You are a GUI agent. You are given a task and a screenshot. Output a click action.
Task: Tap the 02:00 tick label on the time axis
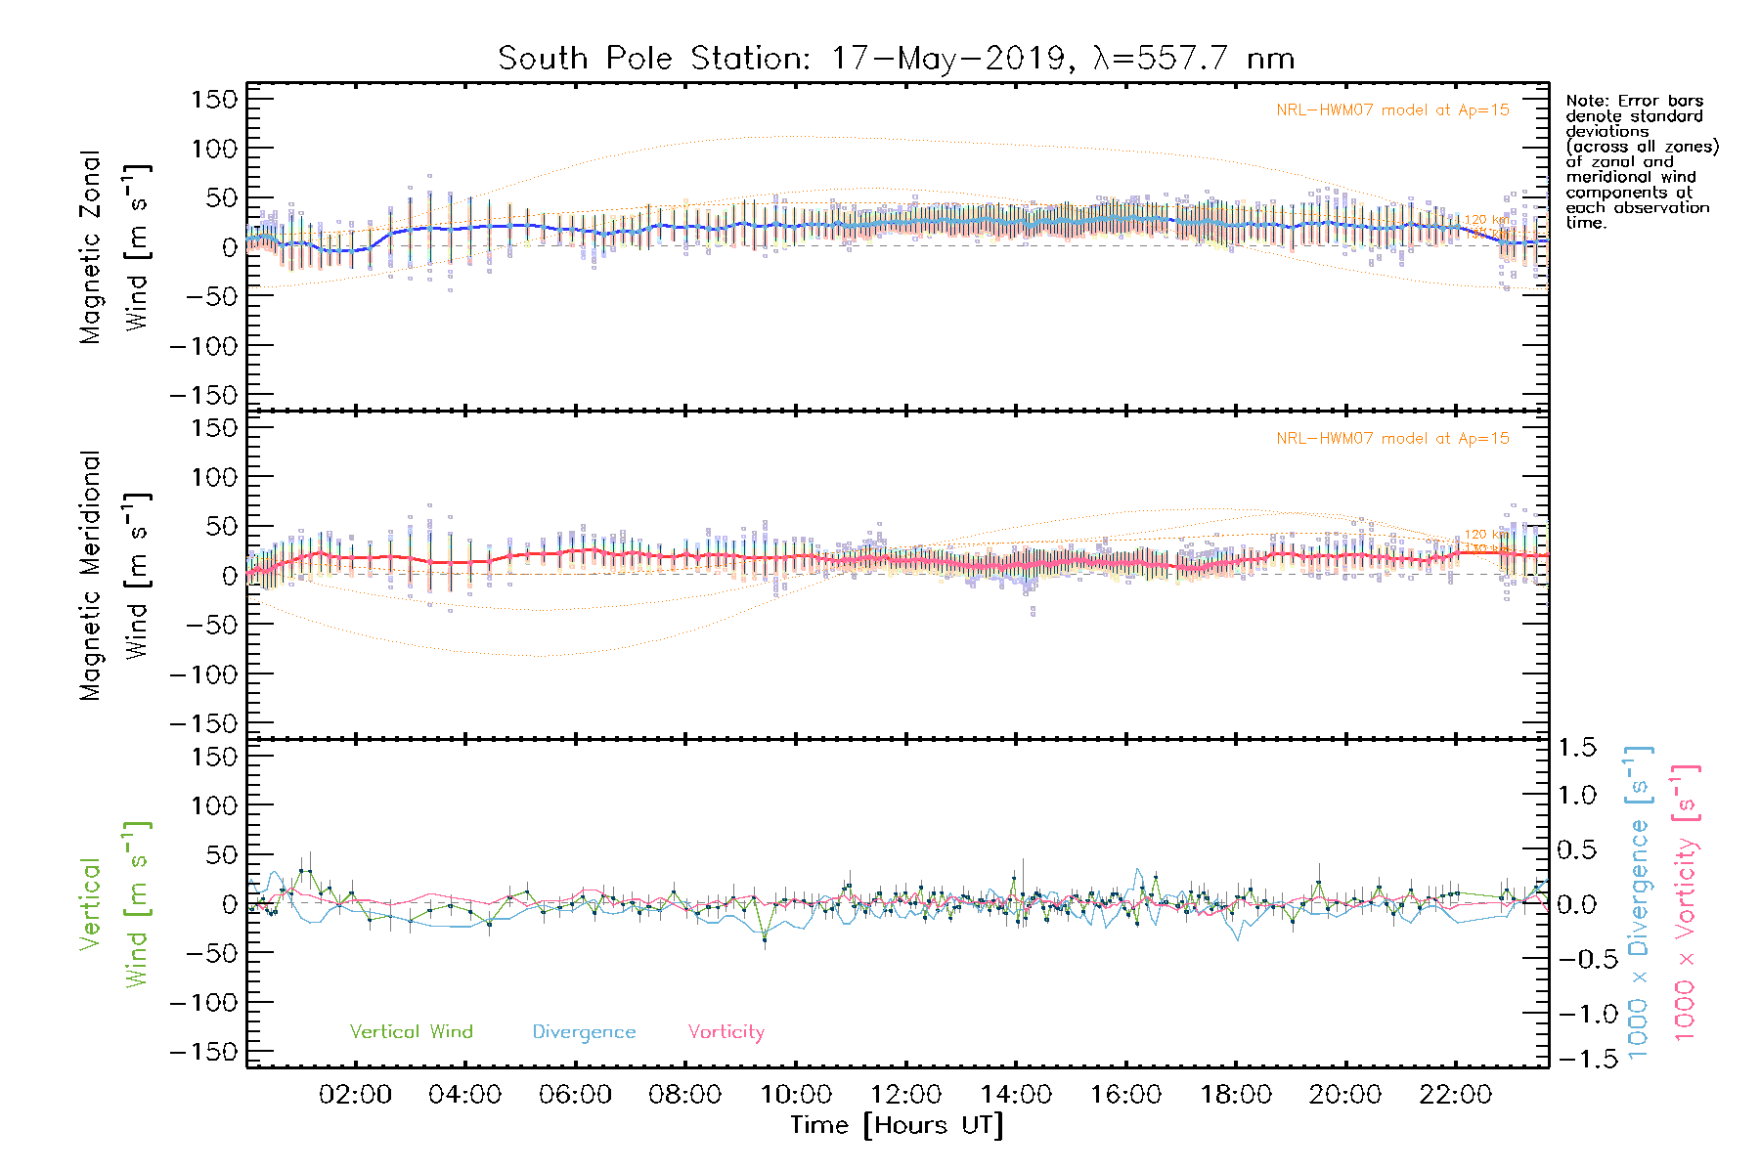pyautogui.click(x=355, y=1095)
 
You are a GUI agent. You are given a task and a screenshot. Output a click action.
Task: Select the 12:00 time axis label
pyautogui.click(x=905, y=1095)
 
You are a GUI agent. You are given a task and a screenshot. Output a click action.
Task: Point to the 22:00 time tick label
pyautogui.click(x=1455, y=1095)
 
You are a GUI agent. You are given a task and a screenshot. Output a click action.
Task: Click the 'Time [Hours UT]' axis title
pyautogui.click(x=897, y=1125)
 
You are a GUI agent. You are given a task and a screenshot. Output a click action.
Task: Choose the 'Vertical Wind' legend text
pyautogui.click(x=411, y=1031)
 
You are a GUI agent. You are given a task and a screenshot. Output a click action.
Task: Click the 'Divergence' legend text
pyautogui.click(x=584, y=1032)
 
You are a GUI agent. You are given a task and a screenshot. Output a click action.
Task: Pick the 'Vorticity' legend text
pyautogui.click(x=726, y=1031)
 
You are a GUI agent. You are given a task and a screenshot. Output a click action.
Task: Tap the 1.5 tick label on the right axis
pyautogui.click(x=1576, y=748)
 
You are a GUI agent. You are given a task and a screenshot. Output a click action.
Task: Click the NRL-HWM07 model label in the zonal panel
pyautogui.click(x=1392, y=110)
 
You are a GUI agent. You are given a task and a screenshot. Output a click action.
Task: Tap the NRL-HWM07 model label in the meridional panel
pyautogui.click(x=1392, y=439)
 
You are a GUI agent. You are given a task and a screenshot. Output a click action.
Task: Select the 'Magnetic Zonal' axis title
pyautogui.click(x=91, y=247)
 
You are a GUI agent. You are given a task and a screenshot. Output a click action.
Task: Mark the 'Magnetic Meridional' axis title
pyautogui.click(x=91, y=576)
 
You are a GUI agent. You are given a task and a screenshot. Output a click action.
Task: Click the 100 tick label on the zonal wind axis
pyautogui.click(x=214, y=149)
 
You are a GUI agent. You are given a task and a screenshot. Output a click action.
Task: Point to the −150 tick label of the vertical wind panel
pyautogui.click(x=203, y=1053)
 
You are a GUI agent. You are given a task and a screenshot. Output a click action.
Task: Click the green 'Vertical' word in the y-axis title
pyautogui.click(x=91, y=903)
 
